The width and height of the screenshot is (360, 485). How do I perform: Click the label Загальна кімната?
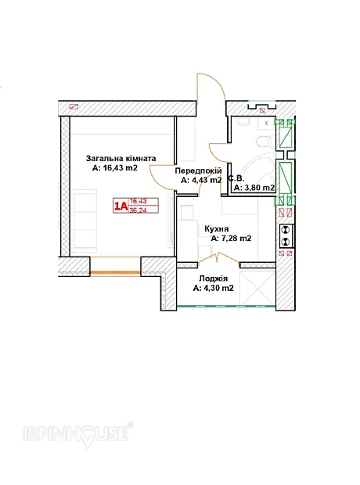121,159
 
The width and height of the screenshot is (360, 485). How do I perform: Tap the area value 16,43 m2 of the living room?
114,168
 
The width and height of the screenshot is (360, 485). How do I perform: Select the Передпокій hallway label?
198,171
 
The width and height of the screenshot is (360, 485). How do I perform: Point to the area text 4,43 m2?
201,181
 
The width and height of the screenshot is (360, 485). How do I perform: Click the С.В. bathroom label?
236,178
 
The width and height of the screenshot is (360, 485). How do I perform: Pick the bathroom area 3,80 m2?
254,188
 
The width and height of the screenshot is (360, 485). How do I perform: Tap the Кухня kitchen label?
217,229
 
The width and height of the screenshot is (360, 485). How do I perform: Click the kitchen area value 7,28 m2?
231,239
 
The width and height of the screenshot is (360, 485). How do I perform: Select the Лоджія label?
214,278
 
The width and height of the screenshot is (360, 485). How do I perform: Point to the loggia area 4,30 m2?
214,289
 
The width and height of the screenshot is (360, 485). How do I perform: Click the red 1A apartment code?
121,206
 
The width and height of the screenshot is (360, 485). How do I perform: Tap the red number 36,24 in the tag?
139,210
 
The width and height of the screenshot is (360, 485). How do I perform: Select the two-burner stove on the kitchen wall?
286,235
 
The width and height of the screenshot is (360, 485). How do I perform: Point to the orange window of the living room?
116,272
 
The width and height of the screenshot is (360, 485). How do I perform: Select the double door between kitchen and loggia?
218,259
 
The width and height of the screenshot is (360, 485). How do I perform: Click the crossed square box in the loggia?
257,288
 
